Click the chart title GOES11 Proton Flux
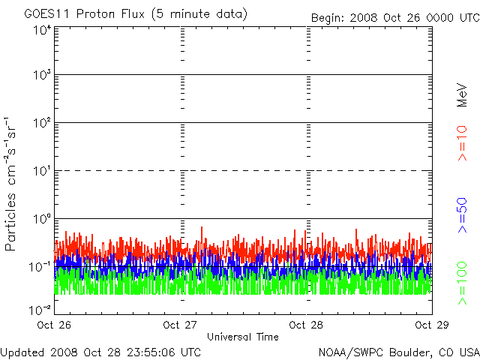(84, 13)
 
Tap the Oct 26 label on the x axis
(54, 325)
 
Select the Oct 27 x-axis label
(180, 325)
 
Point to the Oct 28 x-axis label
(306, 325)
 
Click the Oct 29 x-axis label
(432, 325)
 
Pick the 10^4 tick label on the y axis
(42, 31)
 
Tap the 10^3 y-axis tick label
(42, 75)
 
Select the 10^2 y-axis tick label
(42, 123)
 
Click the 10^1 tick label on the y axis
(42, 171)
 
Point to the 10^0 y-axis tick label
(42, 219)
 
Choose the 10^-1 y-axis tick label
(40, 267)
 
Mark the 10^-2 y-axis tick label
(40, 310)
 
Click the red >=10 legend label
(462, 143)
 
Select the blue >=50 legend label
(462, 215)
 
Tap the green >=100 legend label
(462, 283)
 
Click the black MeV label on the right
(462, 95)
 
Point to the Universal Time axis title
(243, 337)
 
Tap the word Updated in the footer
(23, 352)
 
